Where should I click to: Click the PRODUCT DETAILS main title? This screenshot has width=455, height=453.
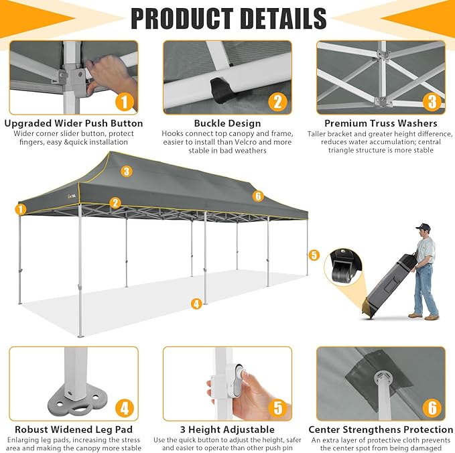click(x=229, y=19)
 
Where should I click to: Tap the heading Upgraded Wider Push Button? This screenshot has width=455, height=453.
click(x=74, y=123)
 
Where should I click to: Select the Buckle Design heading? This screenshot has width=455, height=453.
click(x=228, y=123)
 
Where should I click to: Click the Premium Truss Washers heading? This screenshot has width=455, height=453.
click(x=381, y=123)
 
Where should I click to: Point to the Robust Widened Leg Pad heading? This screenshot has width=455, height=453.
click(x=74, y=430)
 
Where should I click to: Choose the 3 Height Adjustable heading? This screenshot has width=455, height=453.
click(x=228, y=430)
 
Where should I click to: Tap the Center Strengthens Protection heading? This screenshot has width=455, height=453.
click(x=381, y=430)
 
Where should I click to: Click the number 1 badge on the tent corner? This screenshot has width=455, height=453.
click(x=21, y=209)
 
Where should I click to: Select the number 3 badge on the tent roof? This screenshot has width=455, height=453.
click(x=127, y=172)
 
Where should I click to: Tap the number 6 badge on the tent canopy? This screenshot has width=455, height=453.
click(x=258, y=196)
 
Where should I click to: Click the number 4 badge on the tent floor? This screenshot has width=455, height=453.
click(x=196, y=304)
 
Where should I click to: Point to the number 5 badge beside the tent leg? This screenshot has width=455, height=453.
click(x=314, y=255)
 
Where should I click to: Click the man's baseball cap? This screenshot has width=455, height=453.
click(x=423, y=226)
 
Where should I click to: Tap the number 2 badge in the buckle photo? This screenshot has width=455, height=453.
click(x=277, y=102)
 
